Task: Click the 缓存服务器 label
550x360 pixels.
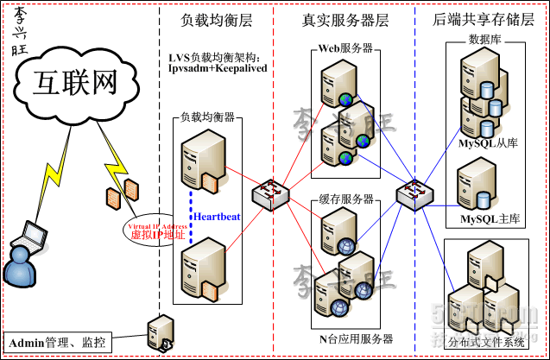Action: [x=345, y=198]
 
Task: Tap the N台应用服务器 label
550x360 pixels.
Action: [x=356, y=338]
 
